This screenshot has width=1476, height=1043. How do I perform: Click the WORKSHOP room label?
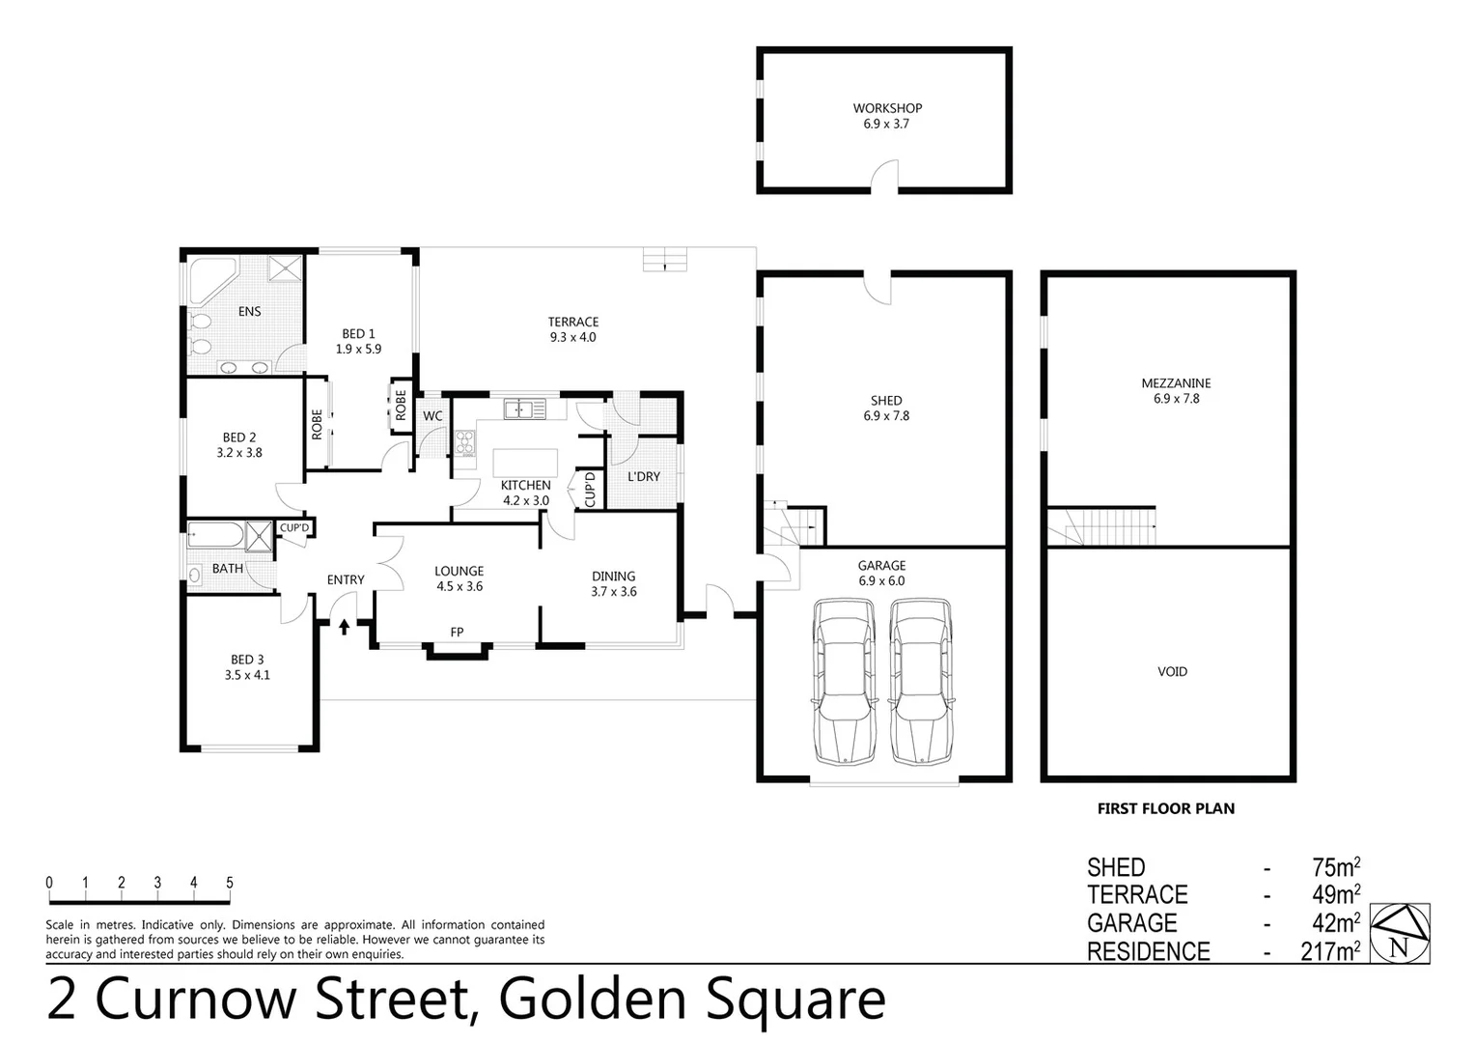coord(887,108)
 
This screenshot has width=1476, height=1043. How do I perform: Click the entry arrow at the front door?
coord(345,627)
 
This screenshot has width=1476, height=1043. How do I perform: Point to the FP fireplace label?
coord(457,633)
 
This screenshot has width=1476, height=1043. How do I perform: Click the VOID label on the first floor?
coord(1172,671)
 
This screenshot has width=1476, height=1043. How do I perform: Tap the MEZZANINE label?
coord(1176,382)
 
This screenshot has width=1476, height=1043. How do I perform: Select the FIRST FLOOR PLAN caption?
coord(1165,808)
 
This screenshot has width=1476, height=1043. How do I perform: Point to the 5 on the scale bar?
coord(230,882)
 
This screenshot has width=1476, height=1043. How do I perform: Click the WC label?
coord(432,416)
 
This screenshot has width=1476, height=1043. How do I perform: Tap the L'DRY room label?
coord(644,476)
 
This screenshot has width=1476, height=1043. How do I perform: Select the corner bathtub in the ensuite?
coord(208,279)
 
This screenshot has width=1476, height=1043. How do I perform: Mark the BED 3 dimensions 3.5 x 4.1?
coord(247,675)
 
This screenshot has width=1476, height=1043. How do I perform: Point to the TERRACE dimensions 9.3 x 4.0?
coord(573,337)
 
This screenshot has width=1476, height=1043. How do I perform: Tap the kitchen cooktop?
coord(465,443)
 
